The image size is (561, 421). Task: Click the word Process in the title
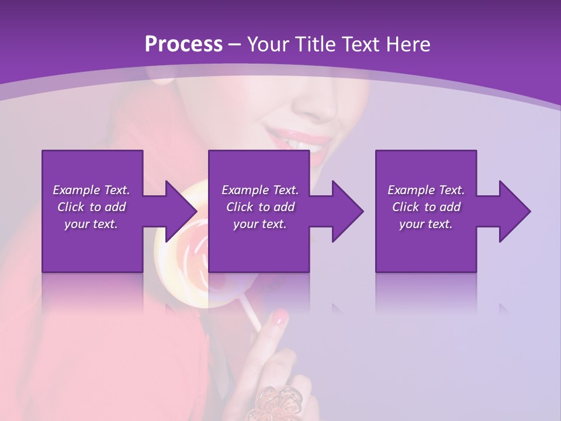click(183, 44)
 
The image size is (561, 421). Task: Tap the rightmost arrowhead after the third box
click(514, 211)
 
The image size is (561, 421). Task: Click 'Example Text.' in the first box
click(91, 190)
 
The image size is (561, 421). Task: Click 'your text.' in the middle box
click(259, 224)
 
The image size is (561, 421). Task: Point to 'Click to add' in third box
click(426, 207)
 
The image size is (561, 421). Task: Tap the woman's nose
click(316, 105)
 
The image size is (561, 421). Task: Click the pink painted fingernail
click(280, 318)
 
